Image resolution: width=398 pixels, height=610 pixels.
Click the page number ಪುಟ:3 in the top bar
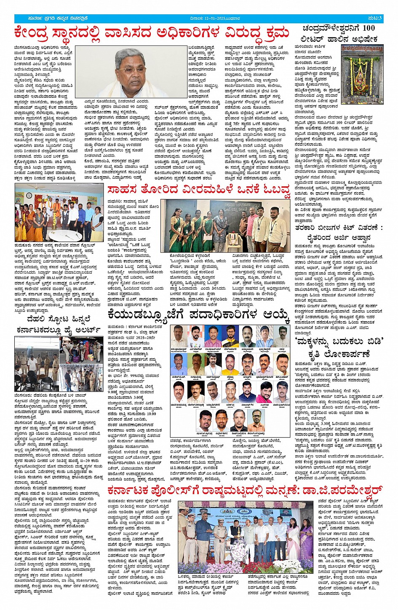tap(374, 18)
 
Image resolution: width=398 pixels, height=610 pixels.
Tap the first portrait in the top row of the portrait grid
tap(178, 336)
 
